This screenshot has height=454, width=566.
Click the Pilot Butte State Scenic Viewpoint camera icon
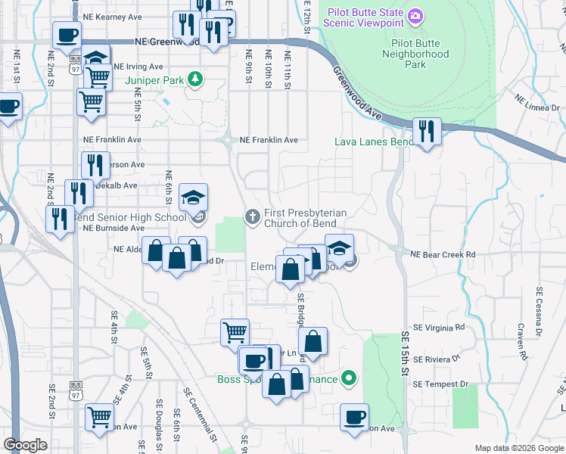(414, 16)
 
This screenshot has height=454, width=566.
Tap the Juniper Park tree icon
(195, 78)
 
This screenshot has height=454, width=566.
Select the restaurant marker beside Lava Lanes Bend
(427, 131)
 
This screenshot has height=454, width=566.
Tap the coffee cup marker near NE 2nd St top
(67, 35)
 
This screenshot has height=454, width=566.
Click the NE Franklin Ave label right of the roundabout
(269, 140)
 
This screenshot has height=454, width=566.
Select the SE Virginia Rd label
(438, 328)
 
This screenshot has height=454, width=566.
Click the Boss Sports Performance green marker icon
(348, 377)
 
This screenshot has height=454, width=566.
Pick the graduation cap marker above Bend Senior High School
(194, 199)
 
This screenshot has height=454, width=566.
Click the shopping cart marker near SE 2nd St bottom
(99, 417)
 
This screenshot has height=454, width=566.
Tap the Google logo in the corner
(25, 445)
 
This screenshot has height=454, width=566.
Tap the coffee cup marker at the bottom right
(353, 417)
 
